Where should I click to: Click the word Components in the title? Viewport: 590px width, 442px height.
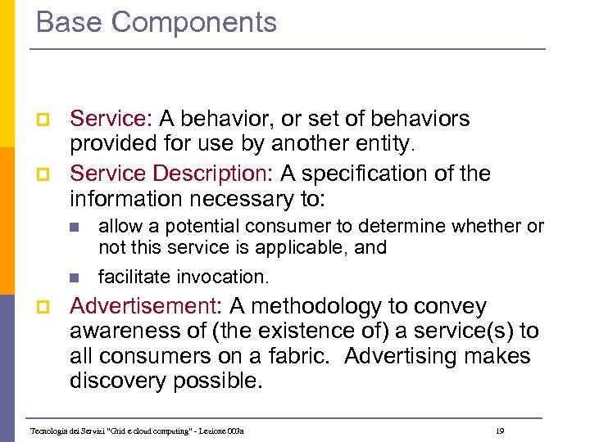194,22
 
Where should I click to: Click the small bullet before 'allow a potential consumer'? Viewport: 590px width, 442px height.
74,227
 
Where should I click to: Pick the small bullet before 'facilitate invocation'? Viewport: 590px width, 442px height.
74,277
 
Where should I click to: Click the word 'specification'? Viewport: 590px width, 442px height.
387,174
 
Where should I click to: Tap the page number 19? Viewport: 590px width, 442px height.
500,430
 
